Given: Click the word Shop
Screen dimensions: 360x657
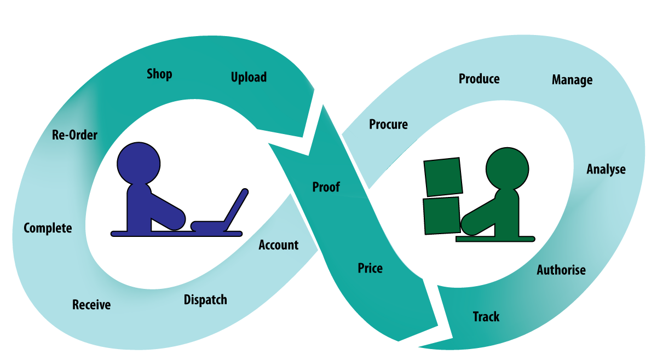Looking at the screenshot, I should tap(159, 74).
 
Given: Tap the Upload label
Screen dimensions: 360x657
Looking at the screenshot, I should tap(249, 77).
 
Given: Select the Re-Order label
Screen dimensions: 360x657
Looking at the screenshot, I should tap(74, 135).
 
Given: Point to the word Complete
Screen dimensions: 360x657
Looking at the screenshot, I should tap(48, 228).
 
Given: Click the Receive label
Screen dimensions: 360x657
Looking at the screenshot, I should tap(91, 304).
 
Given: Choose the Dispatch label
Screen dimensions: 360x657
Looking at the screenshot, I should tap(205, 300).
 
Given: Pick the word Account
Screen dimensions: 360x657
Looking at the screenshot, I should tap(279, 245).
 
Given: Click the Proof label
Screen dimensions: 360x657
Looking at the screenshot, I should tap(326, 187).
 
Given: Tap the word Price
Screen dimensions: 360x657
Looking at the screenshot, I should tap(370, 268).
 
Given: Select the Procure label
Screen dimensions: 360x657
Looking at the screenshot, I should tap(388, 125).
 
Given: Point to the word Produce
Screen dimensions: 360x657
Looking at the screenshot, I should tap(479, 79).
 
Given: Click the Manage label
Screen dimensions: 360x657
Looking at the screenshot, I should tap(572, 80).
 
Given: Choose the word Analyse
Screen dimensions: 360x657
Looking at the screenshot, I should tap(606, 169).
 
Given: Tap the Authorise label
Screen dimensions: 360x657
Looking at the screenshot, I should tap(561, 270).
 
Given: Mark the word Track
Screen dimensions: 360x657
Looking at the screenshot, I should tap(486, 317).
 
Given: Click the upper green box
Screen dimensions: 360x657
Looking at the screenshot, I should tap(442, 177).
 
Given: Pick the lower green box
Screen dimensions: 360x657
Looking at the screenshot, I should tap(441, 215).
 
